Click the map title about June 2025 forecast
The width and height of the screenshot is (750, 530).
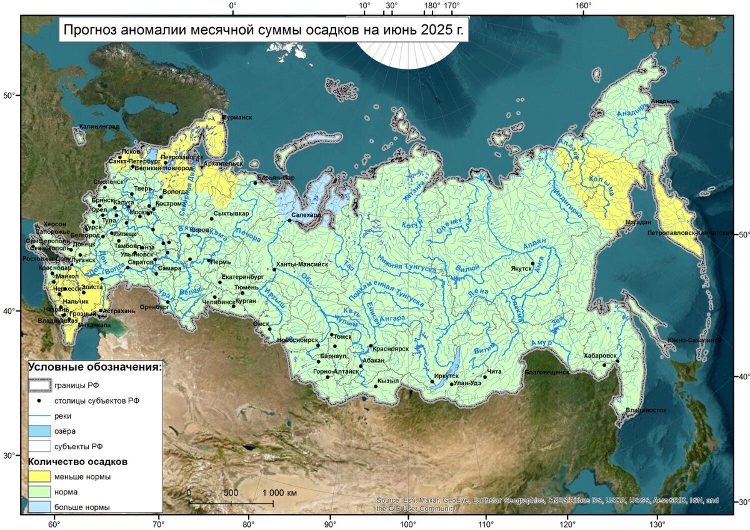pos(263,29)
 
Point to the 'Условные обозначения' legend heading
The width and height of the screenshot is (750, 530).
pos(96,367)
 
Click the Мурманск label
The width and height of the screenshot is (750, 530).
pos(237,117)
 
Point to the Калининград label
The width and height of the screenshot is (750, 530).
pos(99,127)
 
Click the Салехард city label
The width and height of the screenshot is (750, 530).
pos(306,214)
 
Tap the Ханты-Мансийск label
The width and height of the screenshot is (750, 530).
pos(302,264)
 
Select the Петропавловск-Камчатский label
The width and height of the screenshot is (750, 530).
pos(699,232)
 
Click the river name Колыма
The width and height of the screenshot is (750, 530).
pos(602,185)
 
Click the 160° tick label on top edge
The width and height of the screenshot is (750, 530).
pos(584,6)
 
